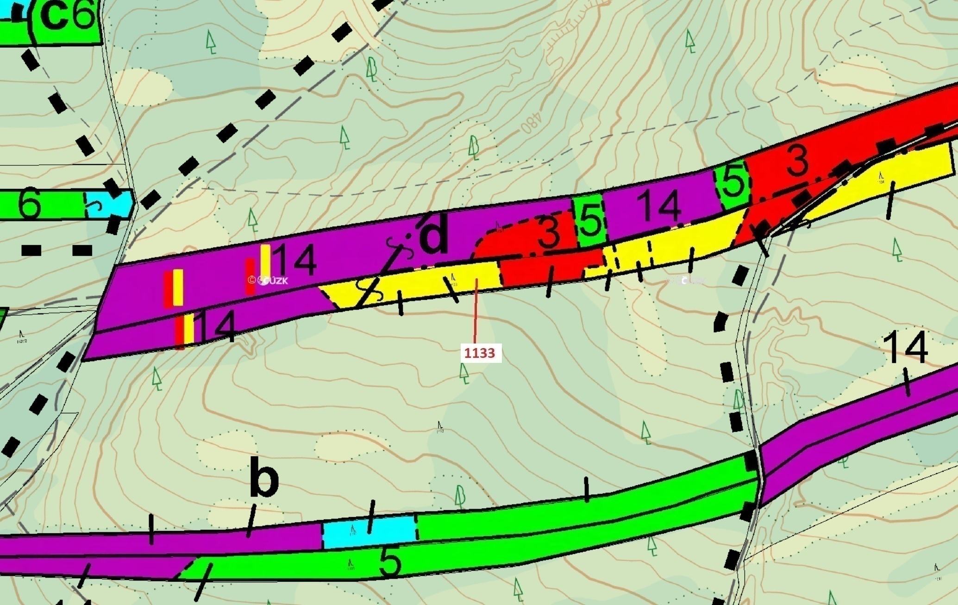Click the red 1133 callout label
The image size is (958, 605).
pos(480,353)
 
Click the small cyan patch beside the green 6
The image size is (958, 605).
pos(109,204)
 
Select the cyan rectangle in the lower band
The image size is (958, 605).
pos(369,531)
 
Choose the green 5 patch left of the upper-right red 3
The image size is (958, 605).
pos(733,182)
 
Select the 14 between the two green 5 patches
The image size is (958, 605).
pos(658,206)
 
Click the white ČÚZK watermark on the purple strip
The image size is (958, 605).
pos(269,280)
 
